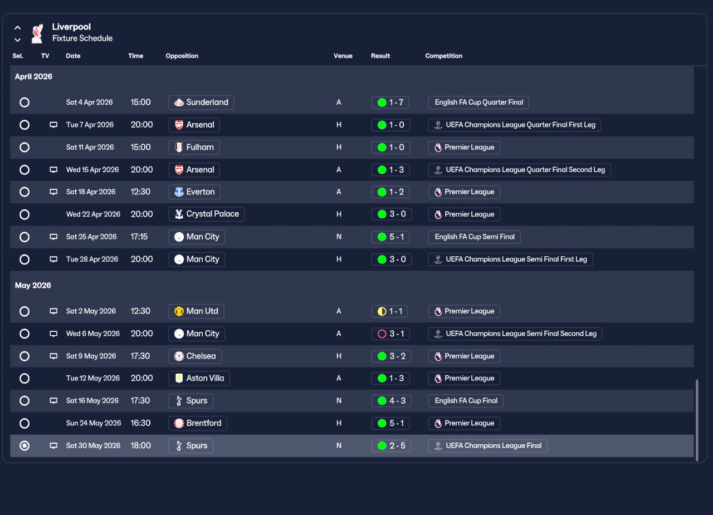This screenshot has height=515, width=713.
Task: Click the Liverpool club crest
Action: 37,33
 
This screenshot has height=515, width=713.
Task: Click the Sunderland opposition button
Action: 201,102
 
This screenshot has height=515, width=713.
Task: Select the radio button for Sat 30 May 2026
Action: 25,445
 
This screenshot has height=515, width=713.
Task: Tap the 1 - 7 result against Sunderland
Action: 390,102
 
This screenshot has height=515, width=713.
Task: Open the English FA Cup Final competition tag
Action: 466,401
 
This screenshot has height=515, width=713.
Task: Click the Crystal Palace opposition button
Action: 207,214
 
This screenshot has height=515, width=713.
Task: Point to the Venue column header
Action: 343,56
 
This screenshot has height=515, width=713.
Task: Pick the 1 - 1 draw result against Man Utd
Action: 389,311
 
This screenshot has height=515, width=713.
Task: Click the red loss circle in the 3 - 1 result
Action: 382,333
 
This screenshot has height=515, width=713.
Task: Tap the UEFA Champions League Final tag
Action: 487,445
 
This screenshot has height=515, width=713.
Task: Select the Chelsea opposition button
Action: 195,356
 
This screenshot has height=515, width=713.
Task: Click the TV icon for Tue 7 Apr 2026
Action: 53,125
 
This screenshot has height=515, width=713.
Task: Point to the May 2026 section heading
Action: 33,285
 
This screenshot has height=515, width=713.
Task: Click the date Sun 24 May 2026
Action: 94,423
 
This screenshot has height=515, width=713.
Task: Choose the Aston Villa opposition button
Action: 199,378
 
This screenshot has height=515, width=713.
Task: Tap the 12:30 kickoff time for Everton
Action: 140,192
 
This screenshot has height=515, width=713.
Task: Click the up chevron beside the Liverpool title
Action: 17,28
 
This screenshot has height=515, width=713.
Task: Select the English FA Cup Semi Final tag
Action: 474,237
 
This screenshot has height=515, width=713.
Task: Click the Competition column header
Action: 444,56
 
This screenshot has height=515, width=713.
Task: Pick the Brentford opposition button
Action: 198,423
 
